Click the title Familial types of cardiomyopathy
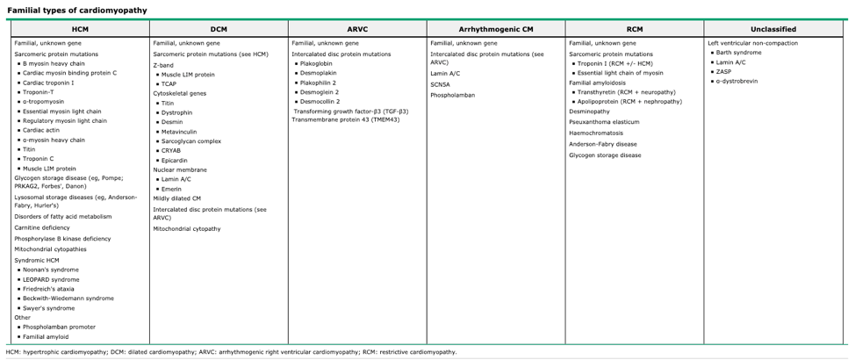pyautogui.click(x=77, y=11)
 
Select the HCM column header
pyautogui.click(x=80, y=29)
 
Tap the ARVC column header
pyautogui.click(x=357, y=29)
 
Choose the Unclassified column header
pyautogui.click(x=773, y=29)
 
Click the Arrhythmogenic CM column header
pyautogui.click(x=496, y=29)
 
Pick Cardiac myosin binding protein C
pyautogui.click(x=69, y=73)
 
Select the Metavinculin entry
pyautogui.click(x=181, y=132)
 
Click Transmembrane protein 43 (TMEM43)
pyautogui.click(x=346, y=119)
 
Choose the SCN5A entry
pyautogui.click(x=441, y=84)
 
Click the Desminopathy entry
pyautogui.click(x=590, y=112)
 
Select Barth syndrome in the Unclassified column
pyautogui.click(x=743, y=53)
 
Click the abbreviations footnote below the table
pyautogui.click(x=231, y=352)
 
